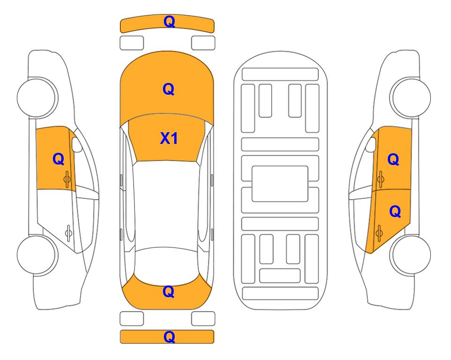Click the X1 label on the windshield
click(x=169, y=138)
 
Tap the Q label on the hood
click(x=169, y=89)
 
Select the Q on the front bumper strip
click(x=170, y=22)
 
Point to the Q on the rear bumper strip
click(x=170, y=337)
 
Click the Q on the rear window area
click(x=169, y=292)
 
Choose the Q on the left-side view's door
click(x=59, y=159)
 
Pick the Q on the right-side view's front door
click(x=393, y=159)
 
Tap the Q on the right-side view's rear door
click(x=395, y=212)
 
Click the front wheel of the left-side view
click(x=37, y=97)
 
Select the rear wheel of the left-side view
click(x=37, y=255)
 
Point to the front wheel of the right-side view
click(x=411, y=97)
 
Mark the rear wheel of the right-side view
click(x=411, y=255)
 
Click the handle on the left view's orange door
click(x=67, y=179)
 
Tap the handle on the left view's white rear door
click(x=68, y=233)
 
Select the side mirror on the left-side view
click(x=76, y=145)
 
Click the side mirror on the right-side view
click(x=371, y=145)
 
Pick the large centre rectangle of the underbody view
click(x=280, y=184)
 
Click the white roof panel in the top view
click(x=167, y=205)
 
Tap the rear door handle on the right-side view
click(x=379, y=233)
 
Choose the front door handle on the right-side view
click(x=381, y=179)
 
